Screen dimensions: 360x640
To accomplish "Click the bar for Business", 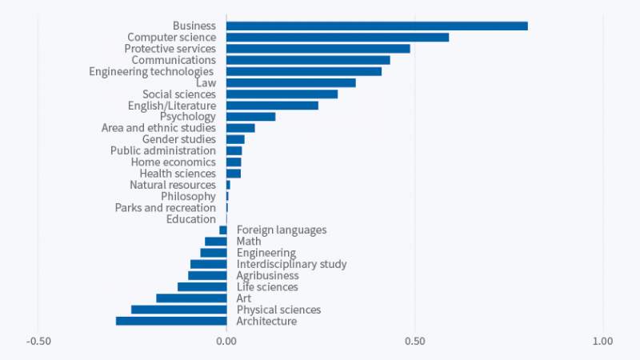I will pyautogui.click(x=377, y=26).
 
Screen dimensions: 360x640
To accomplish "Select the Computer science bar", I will pyautogui.click(x=338, y=37).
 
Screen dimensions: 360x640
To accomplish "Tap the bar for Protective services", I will pyautogui.click(x=318, y=48).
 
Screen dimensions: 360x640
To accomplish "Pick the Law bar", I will pyautogui.click(x=291, y=82).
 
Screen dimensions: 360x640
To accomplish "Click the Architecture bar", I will pyautogui.click(x=171, y=321).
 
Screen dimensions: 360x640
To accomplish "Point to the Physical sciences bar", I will pyautogui.click(x=179, y=310).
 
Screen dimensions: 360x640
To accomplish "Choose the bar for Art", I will pyautogui.click(x=191, y=298).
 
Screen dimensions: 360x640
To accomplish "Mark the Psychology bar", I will pyautogui.click(x=251, y=117).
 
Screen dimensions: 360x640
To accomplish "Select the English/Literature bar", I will pyautogui.click(x=273, y=105).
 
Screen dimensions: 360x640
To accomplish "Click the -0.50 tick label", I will pyautogui.click(x=38, y=342).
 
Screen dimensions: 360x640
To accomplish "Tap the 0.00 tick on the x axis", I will pyautogui.click(x=226, y=342).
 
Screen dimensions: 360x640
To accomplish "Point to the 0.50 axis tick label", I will pyautogui.click(x=414, y=342).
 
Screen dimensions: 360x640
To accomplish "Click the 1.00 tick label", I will pyautogui.click(x=602, y=342).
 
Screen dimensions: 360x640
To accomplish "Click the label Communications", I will pyautogui.click(x=174, y=60).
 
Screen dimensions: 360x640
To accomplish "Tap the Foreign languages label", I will pyautogui.click(x=282, y=230).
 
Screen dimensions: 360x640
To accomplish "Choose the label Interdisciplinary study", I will pyautogui.click(x=291, y=264).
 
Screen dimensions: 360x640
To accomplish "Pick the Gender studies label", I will pyautogui.click(x=179, y=139).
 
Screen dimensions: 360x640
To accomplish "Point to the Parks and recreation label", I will pyautogui.click(x=166, y=207).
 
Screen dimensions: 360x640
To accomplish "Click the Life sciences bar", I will pyautogui.click(x=202, y=286).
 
